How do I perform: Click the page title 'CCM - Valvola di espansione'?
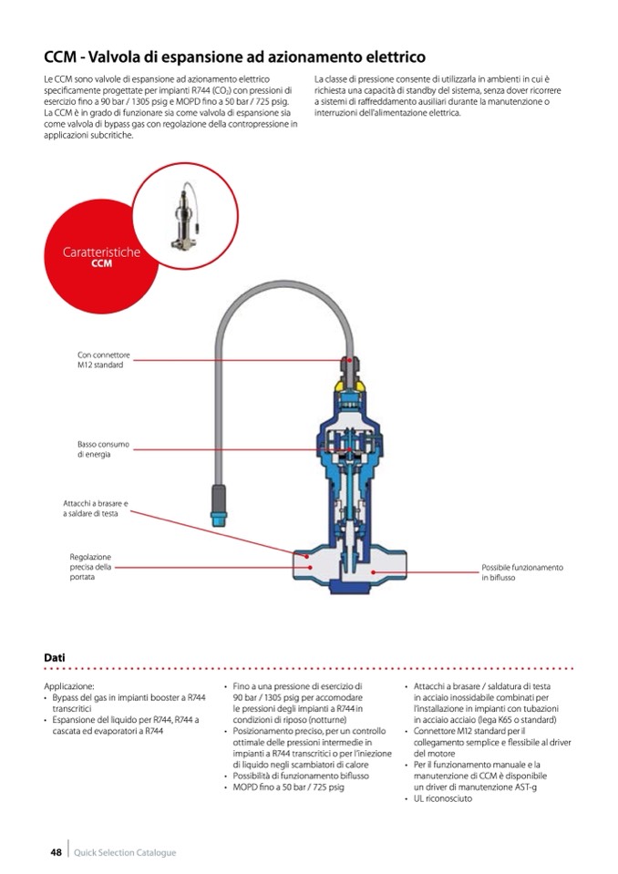click(x=235, y=57)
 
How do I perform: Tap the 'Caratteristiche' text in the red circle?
click(x=101, y=252)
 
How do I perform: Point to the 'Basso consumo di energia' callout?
click(x=103, y=449)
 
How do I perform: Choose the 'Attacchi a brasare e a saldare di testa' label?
click(x=96, y=509)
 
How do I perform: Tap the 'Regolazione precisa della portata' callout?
click(x=90, y=567)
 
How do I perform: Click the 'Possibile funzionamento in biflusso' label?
click(x=522, y=572)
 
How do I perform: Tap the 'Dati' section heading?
click(x=54, y=656)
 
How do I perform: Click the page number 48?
click(x=56, y=852)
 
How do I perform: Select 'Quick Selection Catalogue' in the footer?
click(x=125, y=852)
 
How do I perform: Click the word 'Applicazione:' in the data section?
click(x=68, y=686)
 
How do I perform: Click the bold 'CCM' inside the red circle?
click(x=101, y=264)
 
